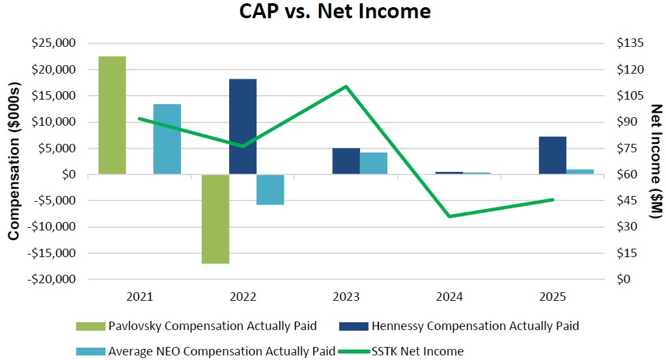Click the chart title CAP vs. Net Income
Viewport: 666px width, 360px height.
coord(333,12)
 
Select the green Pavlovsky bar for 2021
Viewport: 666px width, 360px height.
coord(111,115)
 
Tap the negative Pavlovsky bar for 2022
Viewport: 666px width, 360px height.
coord(215,219)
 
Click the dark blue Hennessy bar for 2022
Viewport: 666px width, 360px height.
coord(242,126)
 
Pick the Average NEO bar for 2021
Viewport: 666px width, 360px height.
coord(167,139)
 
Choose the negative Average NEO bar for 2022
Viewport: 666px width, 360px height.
coord(270,189)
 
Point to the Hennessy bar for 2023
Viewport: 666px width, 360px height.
coord(346,161)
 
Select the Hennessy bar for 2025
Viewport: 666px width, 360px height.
coord(552,156)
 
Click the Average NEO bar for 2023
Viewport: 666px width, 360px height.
coord(374,163)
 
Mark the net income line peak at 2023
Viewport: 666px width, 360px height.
coord(346,86)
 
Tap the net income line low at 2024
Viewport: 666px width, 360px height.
coord(449,216)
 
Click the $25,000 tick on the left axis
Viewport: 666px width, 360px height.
coord(55,44)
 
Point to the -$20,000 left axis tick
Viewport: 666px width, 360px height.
coord(53,279)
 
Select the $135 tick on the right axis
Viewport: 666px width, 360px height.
coord(629,44)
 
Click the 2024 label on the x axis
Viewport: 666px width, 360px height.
coord(449,297)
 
